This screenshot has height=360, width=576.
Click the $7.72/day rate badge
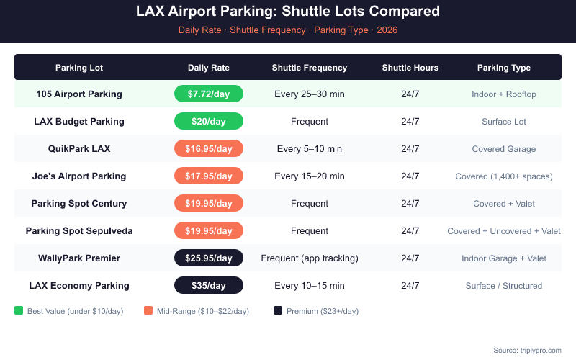click(x=209, y=94)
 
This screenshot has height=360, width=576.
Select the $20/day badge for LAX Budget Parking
click(x=209, y=121)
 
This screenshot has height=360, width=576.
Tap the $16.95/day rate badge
click(x=209, y=148)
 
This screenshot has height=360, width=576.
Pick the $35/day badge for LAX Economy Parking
click(x=209, y=285)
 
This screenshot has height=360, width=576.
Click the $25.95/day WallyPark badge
click(x=209, y=258)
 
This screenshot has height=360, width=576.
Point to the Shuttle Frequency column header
click(x=310, y=68)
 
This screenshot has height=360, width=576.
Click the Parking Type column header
click(x=504, y=68)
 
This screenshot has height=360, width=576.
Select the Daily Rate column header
click(x=209, y=68)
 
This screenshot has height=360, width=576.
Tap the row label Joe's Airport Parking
click(x=79, y=176)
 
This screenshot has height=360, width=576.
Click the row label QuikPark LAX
click(x=79, y=148)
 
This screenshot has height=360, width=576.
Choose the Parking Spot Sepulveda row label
click(x=79, y=230)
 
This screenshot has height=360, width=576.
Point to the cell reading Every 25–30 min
click(x=310, y=94)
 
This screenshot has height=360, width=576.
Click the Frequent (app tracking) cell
click(x=310, y=258)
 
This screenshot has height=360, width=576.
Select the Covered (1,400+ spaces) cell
click(x=504, y=176)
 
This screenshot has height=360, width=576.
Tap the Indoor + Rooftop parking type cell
click(x=504, y=94)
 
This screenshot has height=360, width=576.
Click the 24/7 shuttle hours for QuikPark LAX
click(x=410, y=148)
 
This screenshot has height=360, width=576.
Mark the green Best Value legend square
click(x=19, y=311)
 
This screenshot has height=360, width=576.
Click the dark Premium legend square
click(x=278, y=311)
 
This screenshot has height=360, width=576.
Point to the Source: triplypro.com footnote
click(x=527, y=350)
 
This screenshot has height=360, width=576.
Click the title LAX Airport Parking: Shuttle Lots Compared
click(x=288, y=12)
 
